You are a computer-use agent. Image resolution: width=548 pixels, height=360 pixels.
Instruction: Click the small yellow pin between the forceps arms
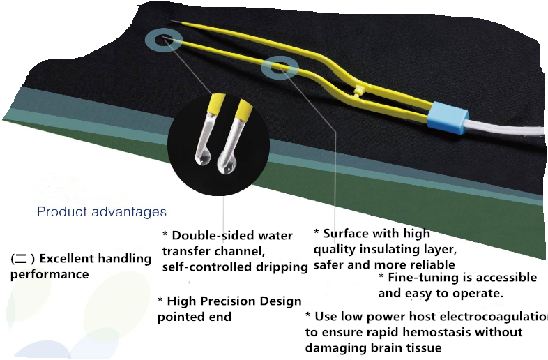[x=358, y=91]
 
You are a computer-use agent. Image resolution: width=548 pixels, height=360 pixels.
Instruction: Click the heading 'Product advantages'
[x=102, y=211]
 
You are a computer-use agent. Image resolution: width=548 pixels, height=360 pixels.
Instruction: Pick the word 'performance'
[x=50, y=274]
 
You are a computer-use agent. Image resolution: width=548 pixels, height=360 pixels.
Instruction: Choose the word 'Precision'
[x=235, y=301]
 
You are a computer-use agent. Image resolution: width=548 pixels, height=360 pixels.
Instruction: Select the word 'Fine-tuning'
[x=426, y=278]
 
